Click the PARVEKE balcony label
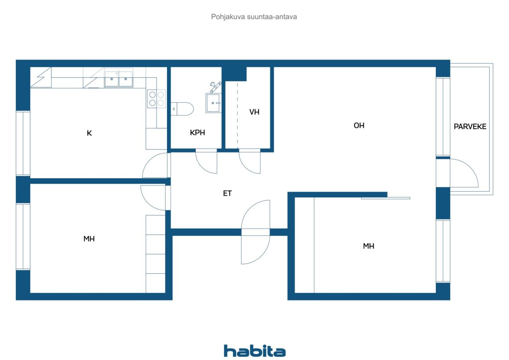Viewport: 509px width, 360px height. [470, 126]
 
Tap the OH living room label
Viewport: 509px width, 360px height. [359, 125]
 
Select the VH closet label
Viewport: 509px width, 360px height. [254, 112]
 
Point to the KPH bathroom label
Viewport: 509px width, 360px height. [198, 132]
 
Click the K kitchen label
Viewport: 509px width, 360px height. [89, 133]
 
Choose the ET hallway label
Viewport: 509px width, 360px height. [227, 193]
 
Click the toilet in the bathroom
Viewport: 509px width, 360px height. [182, 109]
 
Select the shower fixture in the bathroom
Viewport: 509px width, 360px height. [215, 87]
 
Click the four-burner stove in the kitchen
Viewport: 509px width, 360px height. [157, 99]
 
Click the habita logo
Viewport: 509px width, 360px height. [254, 351]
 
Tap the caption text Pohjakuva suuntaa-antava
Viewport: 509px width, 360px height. [254, 17]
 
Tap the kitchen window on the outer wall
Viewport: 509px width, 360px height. [23, 143]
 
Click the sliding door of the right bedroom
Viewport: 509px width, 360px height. [386, 198]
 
